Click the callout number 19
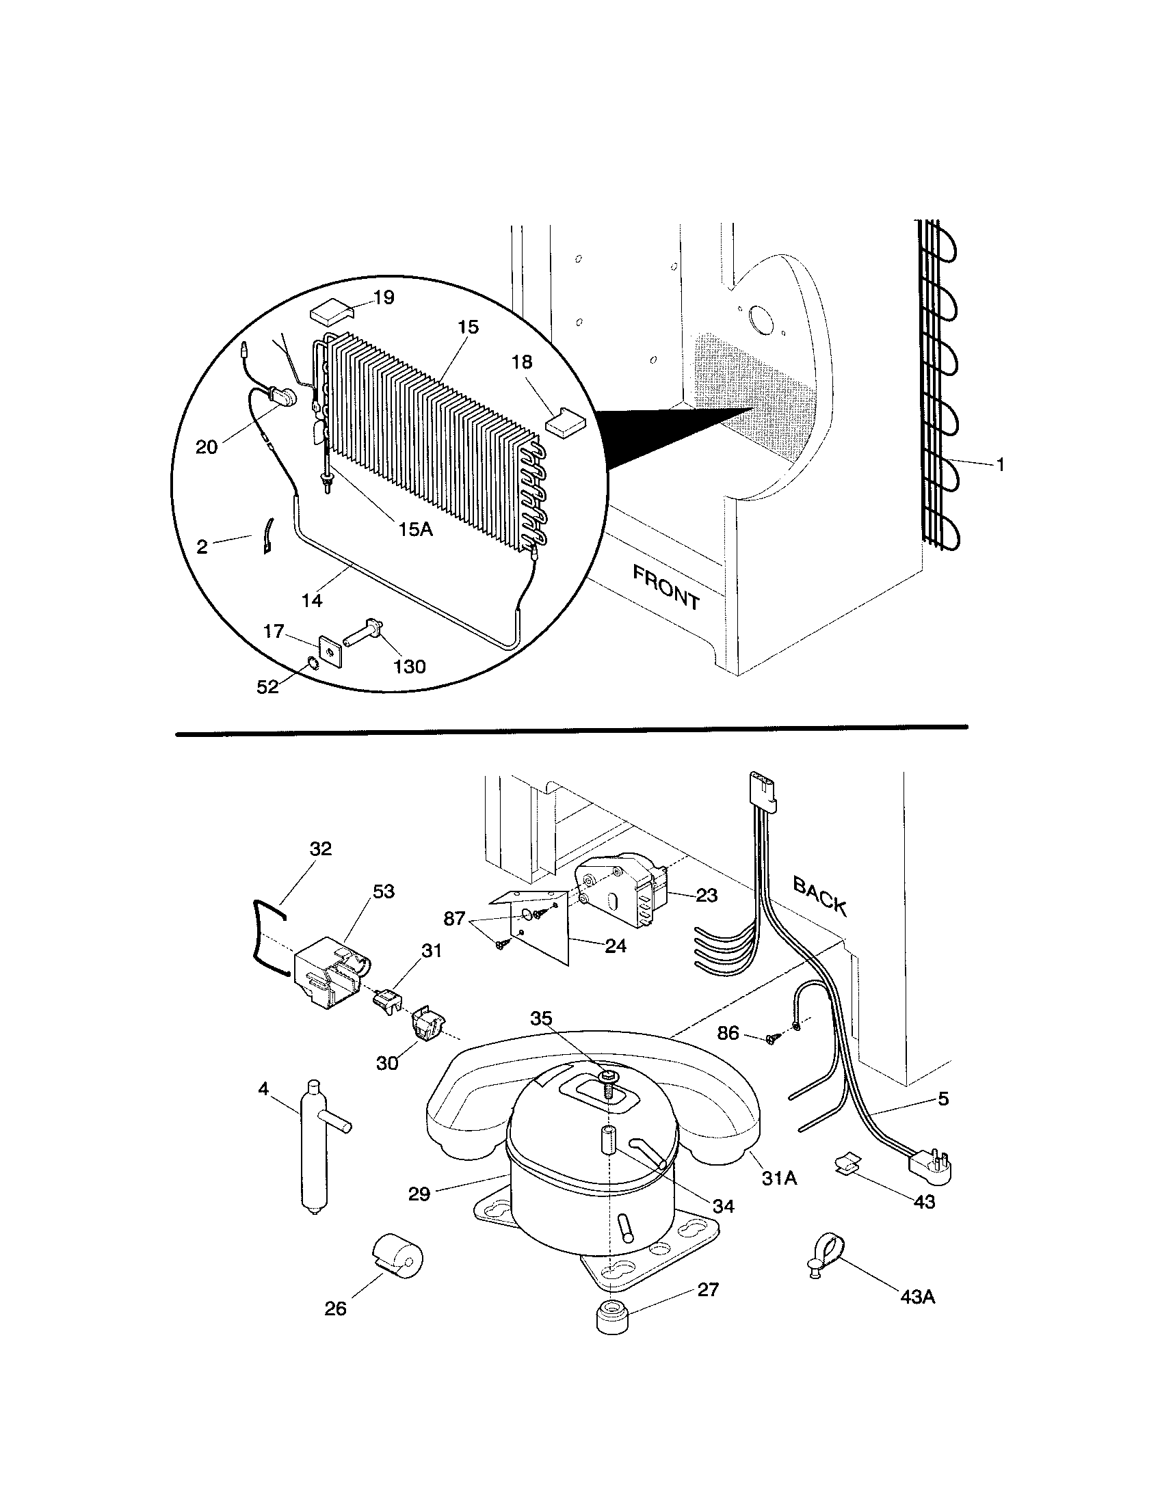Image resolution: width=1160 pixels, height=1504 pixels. (x=384, y=297)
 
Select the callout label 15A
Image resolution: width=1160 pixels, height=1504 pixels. (x=414, y=530)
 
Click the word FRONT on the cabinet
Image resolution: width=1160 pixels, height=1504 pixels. (x=665, y=587)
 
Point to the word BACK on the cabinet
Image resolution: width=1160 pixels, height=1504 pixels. (x=819, y=895)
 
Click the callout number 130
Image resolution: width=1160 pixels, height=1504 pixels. (x=410, y=667)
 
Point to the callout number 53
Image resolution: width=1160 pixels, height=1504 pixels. (x=383, y=891)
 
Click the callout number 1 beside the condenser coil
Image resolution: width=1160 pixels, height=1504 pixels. (x=999, y=466)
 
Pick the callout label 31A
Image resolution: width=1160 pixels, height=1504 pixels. (x=779, y=1178)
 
